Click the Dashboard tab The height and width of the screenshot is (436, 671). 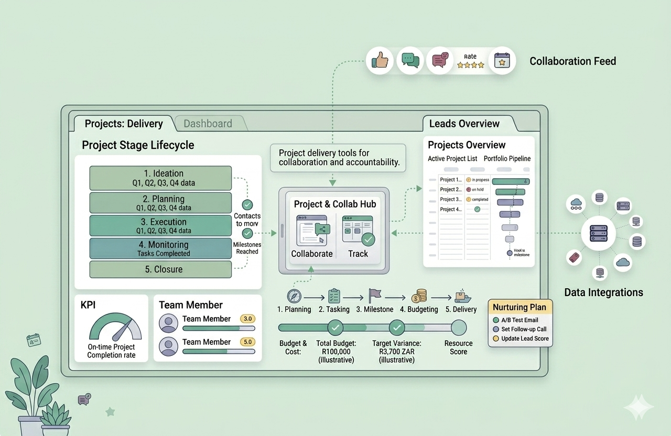[x=208, y=124]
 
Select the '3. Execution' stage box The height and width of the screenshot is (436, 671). [x=160, y=225]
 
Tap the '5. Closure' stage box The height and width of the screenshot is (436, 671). [x=160, y=269]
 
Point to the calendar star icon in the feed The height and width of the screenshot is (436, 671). [x=502, y=61]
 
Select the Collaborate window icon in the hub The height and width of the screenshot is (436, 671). [x=312, y=231]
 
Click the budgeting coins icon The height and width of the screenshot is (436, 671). [x=419, y=296]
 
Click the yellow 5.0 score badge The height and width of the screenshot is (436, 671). [x=247, y=342]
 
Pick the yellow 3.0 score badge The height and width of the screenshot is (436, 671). [x=247, y=319]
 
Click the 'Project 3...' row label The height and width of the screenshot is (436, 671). [x=450, y=199]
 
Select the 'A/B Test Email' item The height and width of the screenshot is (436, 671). [x=520, y=320]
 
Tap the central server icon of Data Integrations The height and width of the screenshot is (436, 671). [x=598, y=233]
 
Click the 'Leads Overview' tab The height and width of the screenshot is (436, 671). [x=464, y=124]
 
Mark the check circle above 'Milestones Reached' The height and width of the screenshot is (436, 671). [x=247, y=234]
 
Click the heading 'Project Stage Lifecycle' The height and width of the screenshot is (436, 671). [x=138, y=145]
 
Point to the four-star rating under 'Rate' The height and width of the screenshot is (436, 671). [x=470, y=66]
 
